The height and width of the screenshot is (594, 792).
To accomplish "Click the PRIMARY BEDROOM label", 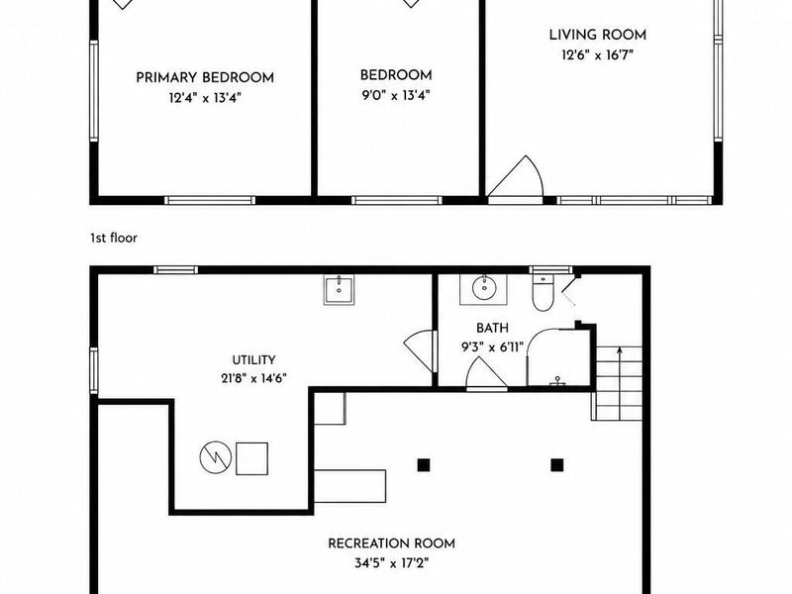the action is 205,78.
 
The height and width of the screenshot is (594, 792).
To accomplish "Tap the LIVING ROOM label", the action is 598,35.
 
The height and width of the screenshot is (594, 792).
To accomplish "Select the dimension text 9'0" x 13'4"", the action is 395,95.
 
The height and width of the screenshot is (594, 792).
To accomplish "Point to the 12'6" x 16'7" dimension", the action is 598,54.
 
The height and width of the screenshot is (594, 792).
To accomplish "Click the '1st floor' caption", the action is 114,238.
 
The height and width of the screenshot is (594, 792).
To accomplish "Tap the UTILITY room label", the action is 253,360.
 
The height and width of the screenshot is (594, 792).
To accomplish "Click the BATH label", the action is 492,329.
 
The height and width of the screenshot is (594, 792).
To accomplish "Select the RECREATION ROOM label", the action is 391,544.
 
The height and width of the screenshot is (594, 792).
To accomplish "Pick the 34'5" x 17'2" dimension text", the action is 391,562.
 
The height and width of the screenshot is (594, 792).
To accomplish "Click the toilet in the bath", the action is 543,293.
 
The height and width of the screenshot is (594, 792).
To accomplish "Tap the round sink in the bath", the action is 484,288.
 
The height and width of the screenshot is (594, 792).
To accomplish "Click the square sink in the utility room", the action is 339,289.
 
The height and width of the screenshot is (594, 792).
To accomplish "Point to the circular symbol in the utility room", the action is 216,457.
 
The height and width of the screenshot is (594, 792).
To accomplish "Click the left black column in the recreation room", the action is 424,464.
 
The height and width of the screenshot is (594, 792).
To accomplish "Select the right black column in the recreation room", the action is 556,464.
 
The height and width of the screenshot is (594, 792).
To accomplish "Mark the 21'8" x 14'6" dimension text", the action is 253,378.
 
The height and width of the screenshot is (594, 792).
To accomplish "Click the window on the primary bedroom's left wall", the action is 94,91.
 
